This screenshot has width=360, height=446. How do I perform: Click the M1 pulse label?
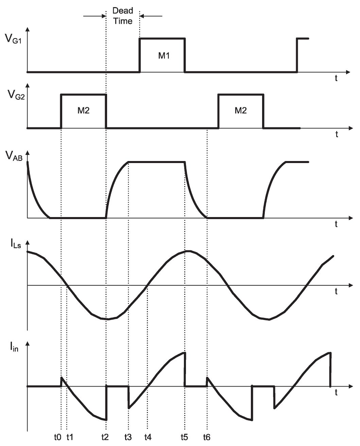click(x=164, y=56)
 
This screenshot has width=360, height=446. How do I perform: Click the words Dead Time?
click(x=123, y=16)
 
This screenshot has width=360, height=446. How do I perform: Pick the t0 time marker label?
click(x=58, y=437)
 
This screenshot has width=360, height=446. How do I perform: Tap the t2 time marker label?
click(x=105, y=437)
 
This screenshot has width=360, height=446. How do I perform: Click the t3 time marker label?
click(x=128, y=437)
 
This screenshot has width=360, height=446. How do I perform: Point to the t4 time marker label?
click(x=148, y=437)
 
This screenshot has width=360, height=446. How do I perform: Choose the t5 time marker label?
click(x=184, y=437)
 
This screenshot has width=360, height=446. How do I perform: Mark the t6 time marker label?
click(x=207, y=437)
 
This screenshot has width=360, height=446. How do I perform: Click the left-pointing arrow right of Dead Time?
click(x=151, y=16)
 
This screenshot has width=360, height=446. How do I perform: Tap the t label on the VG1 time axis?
click(x=336, y=78)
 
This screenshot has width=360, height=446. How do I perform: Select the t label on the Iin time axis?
click(x=336, y=393)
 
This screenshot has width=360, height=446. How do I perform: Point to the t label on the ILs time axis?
click(x=336, y=291)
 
